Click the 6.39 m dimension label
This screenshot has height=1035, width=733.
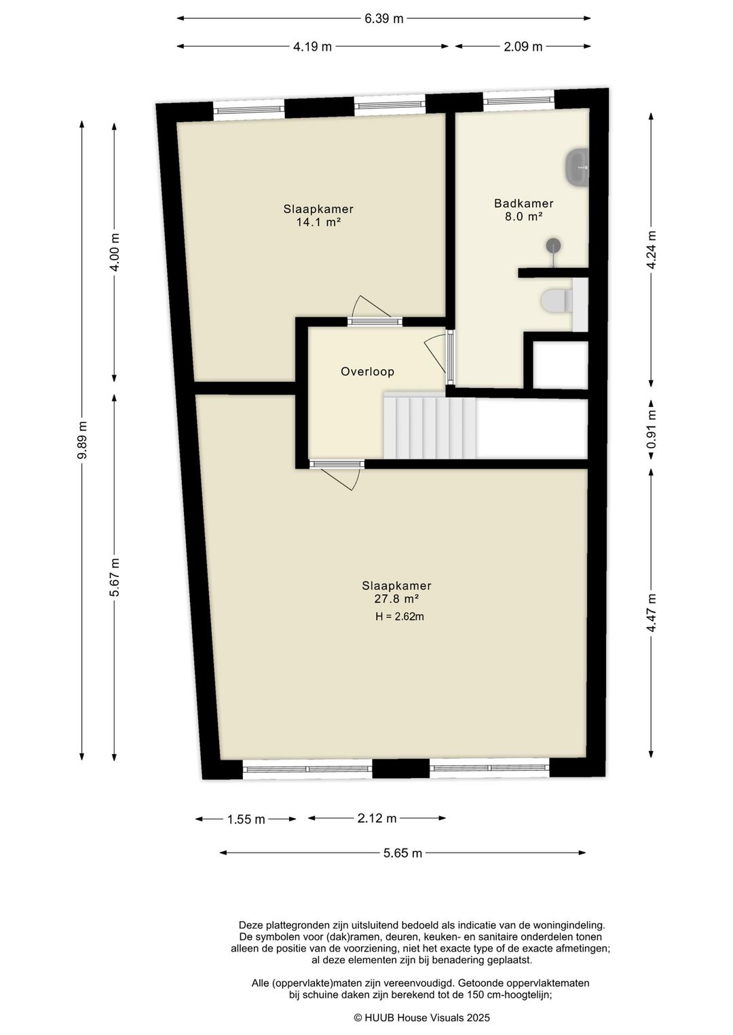(x=384, y=18)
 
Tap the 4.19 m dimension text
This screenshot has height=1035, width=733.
(x=312, y=47)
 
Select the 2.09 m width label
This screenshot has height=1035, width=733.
(x=523, y=47)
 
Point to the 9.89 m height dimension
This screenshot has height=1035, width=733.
(x=82, y=440)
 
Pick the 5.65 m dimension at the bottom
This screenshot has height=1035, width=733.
(x=402, y=853)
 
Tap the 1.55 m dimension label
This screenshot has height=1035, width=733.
(x=246, y=819)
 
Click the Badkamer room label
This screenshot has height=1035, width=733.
(x=523, y=203)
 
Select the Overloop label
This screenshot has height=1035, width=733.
(x=367, y=372)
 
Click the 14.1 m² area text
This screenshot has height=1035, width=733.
(x=318, y=222)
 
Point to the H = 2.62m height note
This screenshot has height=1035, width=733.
(x=400, y=617)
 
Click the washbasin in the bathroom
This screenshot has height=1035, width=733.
(x=577, y=166)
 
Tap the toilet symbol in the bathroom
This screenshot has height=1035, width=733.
(x=557, y=301)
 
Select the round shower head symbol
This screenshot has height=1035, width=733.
(x=555, y=245)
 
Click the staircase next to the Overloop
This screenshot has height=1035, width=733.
(x=429, y=427)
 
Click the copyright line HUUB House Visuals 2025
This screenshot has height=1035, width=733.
(x=421, y=1017)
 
